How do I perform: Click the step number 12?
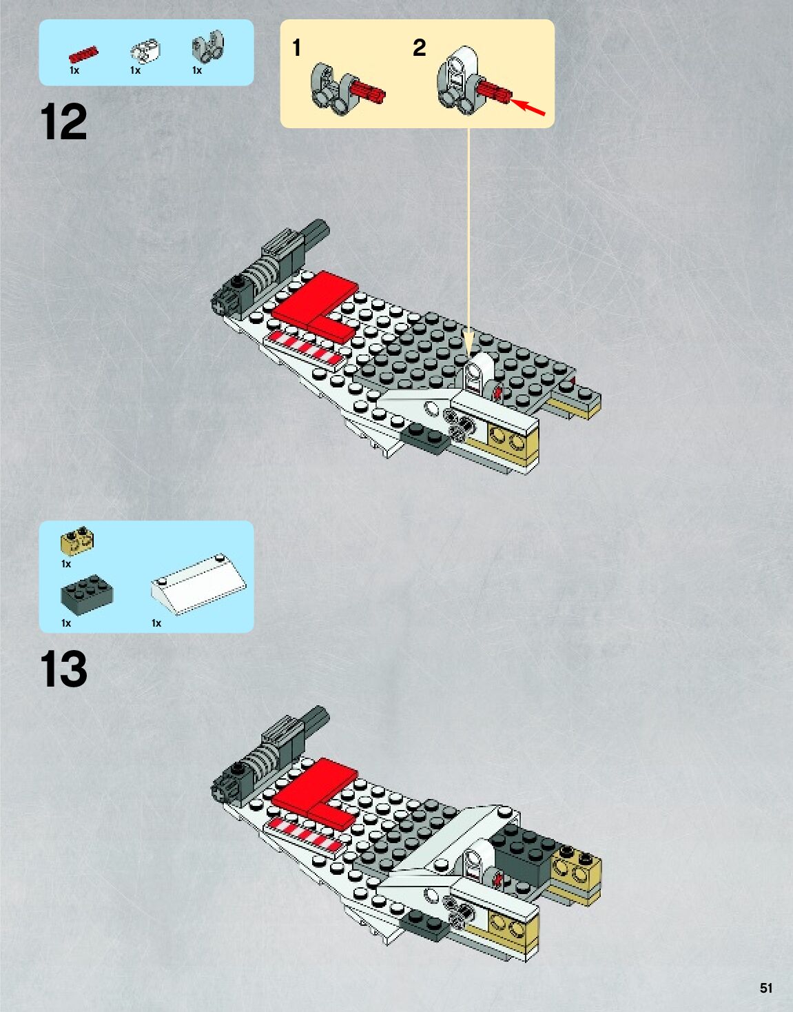(64, 122)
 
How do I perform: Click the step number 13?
(64, 669)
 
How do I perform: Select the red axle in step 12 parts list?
(84, 54)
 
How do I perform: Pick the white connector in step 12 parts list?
(145, 51)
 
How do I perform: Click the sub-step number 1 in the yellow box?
(296, 48)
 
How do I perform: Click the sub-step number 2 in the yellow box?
(419, 48)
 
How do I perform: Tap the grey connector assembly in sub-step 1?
(347, 88)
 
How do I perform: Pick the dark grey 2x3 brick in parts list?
(87, 594)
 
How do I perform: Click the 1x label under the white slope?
(156, 623)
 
